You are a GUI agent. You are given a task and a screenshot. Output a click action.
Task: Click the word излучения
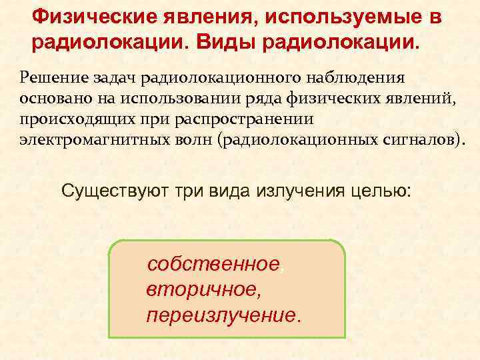click(x=283, y=191)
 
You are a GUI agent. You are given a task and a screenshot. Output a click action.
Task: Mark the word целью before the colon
click(x=377, y=191)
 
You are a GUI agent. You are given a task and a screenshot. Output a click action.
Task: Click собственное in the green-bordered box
click(x=213, y=265)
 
